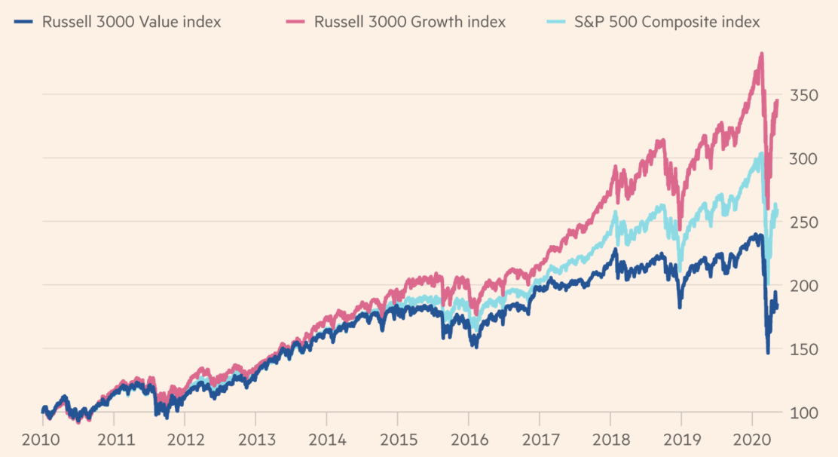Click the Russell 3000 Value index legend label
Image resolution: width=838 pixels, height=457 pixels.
[x=133, y=22]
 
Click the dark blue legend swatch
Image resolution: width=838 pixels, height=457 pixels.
[x=23, y=22]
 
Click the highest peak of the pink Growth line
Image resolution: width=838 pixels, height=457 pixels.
[x=762, y=54]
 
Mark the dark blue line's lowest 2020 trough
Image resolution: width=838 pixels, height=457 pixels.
[x=768, y=352]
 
